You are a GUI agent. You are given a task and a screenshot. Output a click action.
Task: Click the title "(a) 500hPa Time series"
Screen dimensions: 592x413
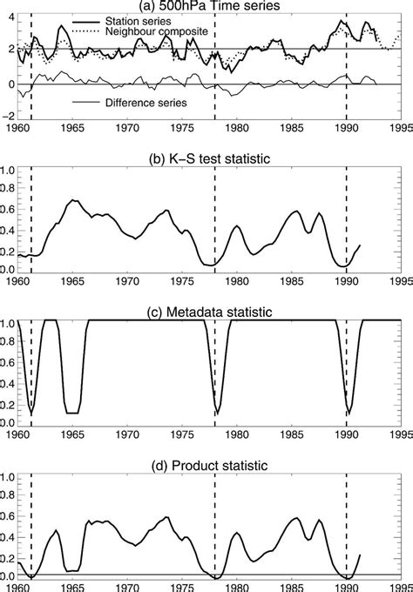coord(207,6)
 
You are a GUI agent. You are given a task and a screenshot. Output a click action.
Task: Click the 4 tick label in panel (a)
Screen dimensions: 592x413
coord(10,17)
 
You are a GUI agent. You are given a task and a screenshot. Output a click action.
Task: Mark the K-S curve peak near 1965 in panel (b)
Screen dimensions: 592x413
coord(74,200)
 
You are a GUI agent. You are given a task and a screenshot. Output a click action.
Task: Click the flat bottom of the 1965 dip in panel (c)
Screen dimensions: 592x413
coord(72,412)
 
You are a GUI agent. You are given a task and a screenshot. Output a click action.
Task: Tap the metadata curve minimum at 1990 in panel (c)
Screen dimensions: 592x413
coord(347,414)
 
